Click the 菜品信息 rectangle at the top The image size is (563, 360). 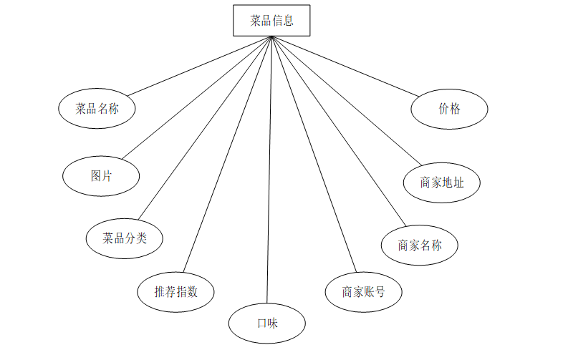point(272,21)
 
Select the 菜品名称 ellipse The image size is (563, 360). point(97,109)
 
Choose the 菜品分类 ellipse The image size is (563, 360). point(124,238)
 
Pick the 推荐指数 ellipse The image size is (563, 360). point(175,291)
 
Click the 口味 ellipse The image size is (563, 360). point(267,323)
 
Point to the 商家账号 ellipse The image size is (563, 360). point(363,291)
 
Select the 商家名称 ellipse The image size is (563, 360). point(420,245)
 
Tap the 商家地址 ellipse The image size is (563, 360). point(442,182)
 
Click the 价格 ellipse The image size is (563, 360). point(450,109)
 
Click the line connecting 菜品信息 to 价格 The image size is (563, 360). point(345,65)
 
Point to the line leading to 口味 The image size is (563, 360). point(269,172)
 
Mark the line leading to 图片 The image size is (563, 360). point(198,97)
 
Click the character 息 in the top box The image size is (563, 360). point(288,21)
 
